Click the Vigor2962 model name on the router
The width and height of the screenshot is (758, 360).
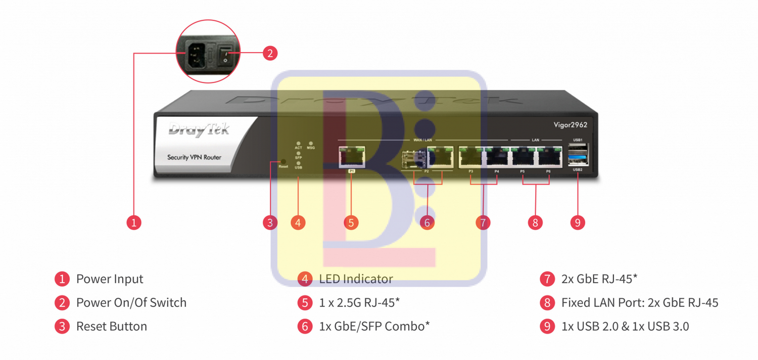click(570, 125)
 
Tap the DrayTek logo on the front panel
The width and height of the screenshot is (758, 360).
click(199, 130)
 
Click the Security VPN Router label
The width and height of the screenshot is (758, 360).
click(194, 157)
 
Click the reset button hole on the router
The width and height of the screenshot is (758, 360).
click(283, 161)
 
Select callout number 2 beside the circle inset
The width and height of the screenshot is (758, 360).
click(270, 53)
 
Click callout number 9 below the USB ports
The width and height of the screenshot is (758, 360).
click(577, 222)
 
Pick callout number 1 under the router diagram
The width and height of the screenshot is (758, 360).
click(134, 222)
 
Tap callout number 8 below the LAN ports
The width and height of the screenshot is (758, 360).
click(535, 222)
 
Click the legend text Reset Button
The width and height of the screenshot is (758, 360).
click(111, 326)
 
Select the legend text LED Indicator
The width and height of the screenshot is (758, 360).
click(356, 279)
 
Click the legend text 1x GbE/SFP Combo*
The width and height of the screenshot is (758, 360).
click(374, 326)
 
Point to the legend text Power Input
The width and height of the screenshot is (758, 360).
click(110, 279)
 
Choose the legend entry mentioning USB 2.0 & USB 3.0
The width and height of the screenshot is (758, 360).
click(625, 326)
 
